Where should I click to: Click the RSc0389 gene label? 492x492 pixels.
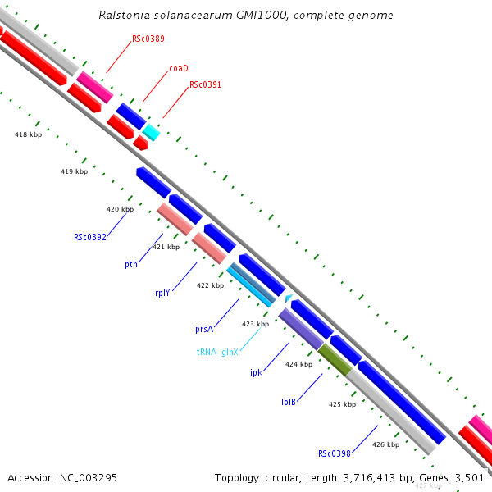point(148,39)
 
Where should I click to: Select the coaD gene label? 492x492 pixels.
point(179,68)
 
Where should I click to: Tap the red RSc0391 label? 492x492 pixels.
point(205,84)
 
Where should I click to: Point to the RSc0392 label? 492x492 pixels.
point(89,237)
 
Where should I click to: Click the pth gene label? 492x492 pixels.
point(131,264)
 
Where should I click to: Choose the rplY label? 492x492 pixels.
point(162,293)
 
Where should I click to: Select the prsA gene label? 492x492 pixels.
point(204,329)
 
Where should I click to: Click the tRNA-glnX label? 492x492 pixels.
point(217,352)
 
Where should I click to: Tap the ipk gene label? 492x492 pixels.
point(256,372)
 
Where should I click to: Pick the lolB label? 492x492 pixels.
point(288,402)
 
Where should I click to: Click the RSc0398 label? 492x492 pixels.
point(335,453)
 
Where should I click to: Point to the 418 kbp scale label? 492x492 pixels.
point(29,134)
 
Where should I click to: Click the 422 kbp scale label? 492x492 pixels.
point(210,285)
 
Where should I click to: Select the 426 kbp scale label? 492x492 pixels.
point(385,444)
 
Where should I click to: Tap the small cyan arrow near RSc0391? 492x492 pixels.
point(151,131)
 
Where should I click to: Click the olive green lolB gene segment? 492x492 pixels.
point(334,358)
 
